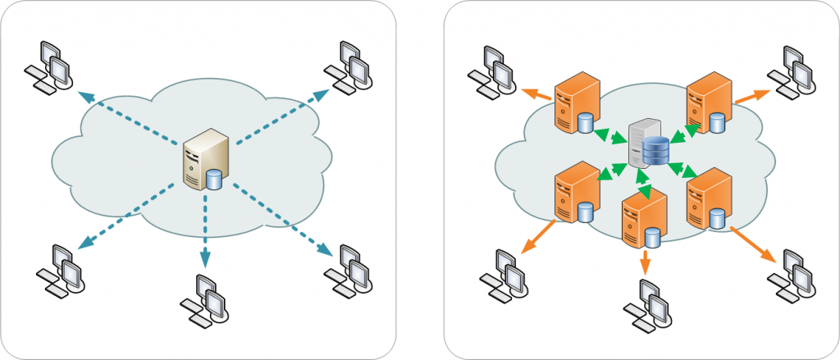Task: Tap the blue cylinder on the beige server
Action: click(215, 178)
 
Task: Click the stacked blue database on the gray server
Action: click(655, 152)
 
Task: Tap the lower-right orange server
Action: click(705, 198)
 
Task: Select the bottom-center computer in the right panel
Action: click(647, 303)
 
